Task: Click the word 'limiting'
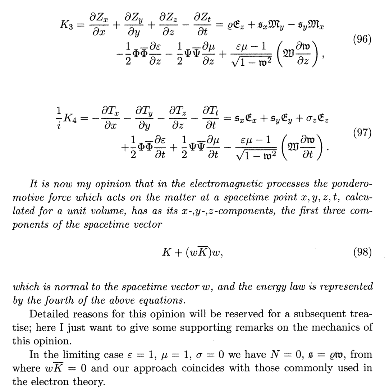click(x=72, y=355)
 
